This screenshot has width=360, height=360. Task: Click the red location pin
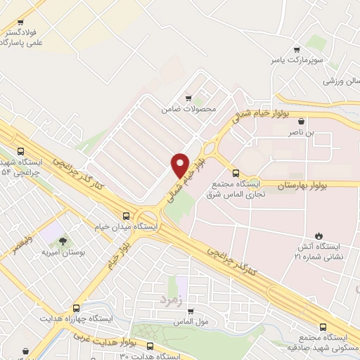[x=181, y=165]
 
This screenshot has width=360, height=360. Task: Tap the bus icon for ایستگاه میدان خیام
[x=126, y=216]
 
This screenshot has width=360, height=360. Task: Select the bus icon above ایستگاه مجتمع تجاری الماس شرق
[x=236, y=173]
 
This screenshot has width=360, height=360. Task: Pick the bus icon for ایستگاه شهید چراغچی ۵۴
[x=21, y=151]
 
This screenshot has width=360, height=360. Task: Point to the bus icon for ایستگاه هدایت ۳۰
[x=149, y=345]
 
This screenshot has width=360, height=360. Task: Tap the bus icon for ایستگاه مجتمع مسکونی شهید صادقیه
[x=323, y=326]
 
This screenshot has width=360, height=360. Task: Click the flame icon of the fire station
[x=320, y=235]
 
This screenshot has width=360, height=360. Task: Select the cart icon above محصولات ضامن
[x=187, y=99]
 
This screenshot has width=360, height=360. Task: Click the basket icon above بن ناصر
[x=302, y=121]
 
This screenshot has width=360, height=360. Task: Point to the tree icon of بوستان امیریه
[x=63, y=241]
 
